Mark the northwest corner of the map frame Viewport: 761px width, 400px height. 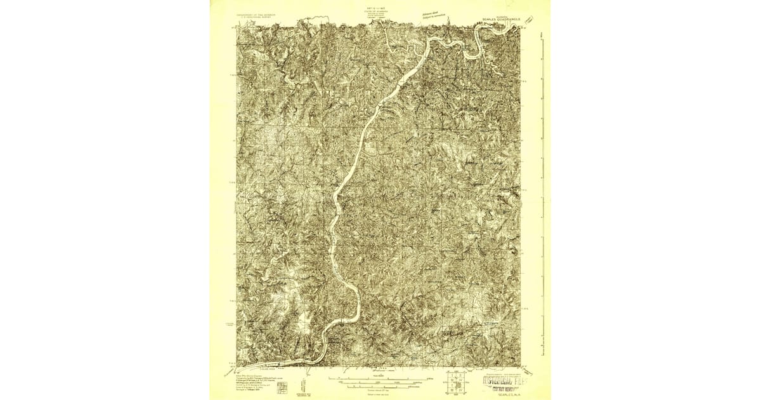pos(237,27)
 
